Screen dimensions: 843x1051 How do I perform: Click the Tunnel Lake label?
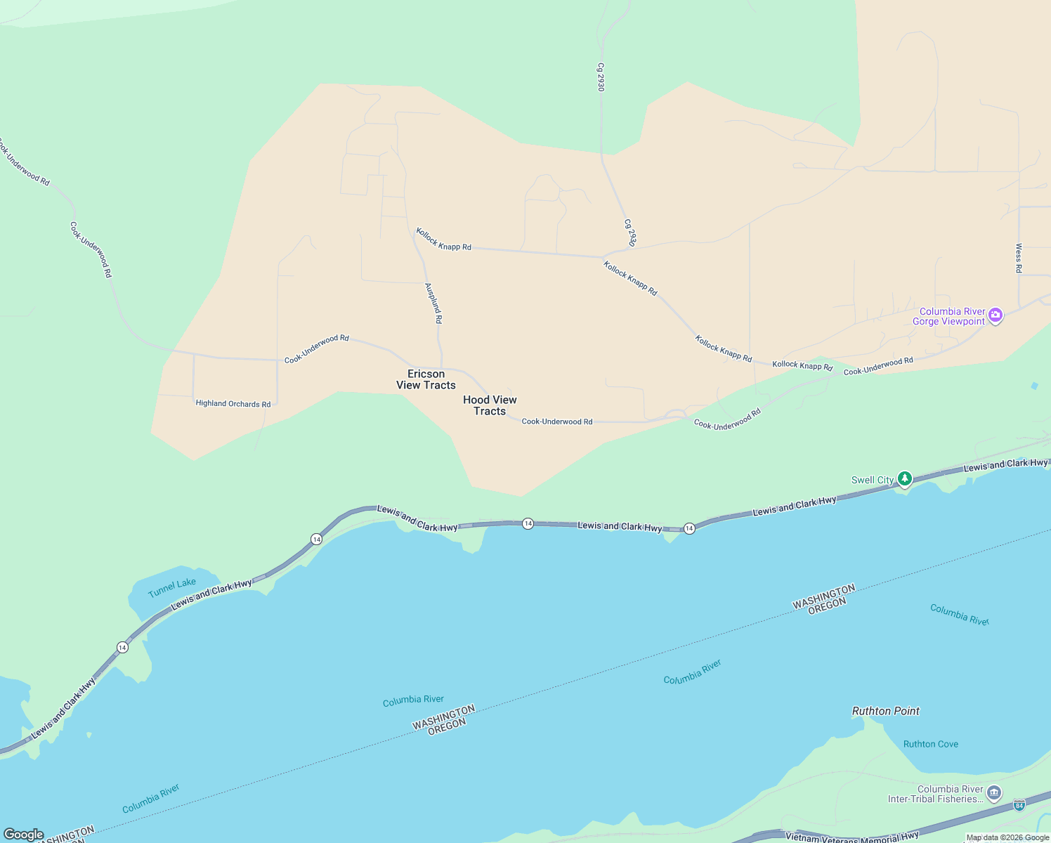coord(172,587)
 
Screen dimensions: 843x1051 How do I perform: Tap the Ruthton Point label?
coord(885,711)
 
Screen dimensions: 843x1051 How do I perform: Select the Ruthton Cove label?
coord(930,744)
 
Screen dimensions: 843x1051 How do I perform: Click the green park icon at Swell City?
coord(906,479)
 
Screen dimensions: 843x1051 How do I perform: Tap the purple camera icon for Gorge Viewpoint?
coord(995,315)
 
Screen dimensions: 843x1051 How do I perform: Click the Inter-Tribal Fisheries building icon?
coord(993,794)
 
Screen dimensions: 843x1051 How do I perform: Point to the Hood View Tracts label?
coord(490,405)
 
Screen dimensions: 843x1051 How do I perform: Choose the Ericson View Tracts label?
coord(426,379)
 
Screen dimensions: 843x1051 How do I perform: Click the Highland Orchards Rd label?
coord(233,404)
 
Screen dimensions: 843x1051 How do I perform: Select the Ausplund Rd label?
coord(434,303)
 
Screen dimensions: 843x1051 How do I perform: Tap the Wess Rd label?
coord(1019,258)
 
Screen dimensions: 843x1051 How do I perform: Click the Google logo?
coord(23,835)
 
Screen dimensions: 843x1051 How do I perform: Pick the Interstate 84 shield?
coord(1019,804)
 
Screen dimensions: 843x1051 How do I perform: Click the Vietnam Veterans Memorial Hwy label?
coord(851,837)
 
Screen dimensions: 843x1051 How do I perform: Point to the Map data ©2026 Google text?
coord(1007,837)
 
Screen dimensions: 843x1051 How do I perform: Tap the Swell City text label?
coord(873,480)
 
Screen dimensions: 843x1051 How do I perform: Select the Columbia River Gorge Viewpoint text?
coord(952,316)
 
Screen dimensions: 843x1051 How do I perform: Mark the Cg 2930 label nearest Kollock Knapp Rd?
coord(630,233)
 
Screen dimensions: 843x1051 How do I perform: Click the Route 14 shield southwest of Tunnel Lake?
coord(122,647)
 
